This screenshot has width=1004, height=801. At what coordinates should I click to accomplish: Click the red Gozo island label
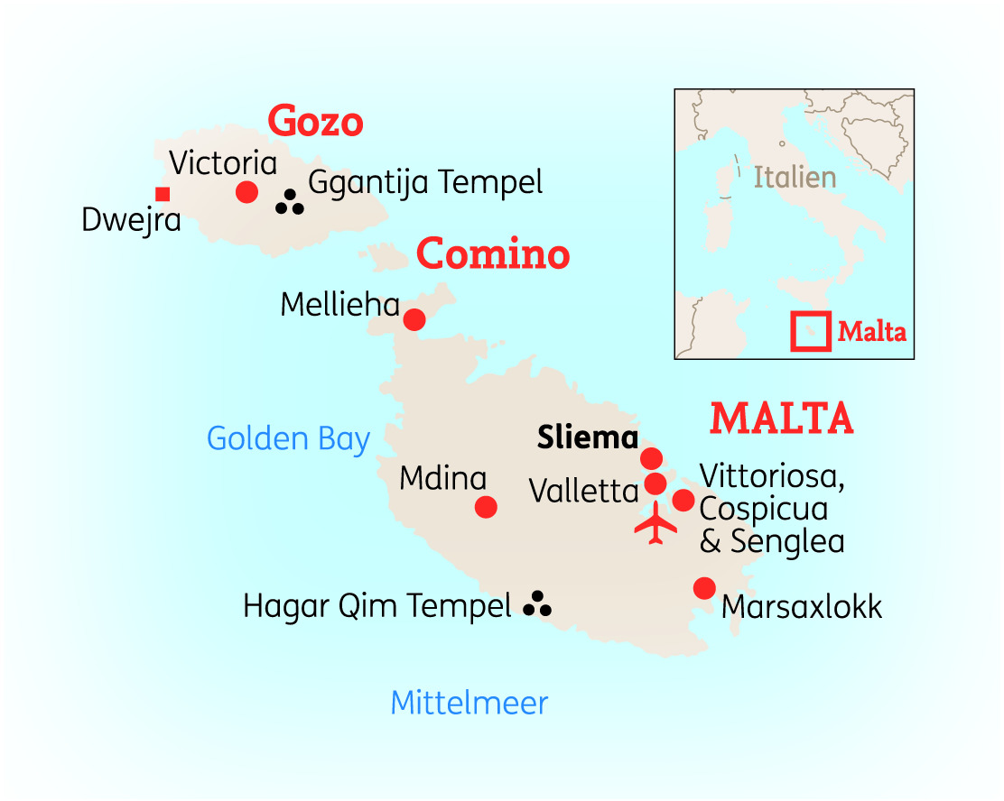(315, 122)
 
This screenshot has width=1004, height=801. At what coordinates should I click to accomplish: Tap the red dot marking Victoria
(246, 192)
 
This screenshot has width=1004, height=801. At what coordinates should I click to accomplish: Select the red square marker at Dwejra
(163, 194)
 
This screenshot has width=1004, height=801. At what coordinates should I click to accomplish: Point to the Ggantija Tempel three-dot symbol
(290, 203)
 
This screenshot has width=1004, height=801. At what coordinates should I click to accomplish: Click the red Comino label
(493, 255)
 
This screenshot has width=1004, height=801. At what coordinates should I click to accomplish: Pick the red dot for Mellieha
(414, 319)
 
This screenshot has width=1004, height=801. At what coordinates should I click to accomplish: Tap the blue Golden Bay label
(288, 439)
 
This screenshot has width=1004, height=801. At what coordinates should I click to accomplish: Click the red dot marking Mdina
(486, 507)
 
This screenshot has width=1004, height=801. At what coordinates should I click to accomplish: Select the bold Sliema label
(588, 438)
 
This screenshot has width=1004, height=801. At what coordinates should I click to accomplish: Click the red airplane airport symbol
(655, 523)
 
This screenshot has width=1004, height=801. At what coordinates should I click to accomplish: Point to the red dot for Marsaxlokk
(704, 588)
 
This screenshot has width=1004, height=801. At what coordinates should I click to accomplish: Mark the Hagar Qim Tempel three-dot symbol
(537, 604)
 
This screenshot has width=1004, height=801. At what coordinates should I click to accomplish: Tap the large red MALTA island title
(782, 419)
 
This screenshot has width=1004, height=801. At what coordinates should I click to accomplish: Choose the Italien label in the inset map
(795, 178)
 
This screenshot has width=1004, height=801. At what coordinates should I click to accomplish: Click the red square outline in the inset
(810, 331)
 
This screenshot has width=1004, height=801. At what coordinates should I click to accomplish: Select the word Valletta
(584, 491)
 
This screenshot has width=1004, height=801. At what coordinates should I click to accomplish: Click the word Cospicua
(764, 509)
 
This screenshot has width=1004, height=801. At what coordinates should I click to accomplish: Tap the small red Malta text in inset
(871, 332)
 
